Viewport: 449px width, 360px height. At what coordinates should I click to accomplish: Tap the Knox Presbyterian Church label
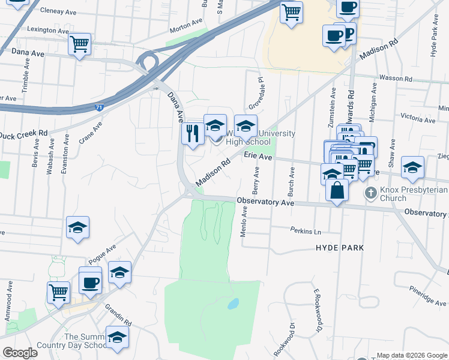(x=413, y=194)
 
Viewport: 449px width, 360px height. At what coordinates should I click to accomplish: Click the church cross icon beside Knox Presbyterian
(x=371, y=193)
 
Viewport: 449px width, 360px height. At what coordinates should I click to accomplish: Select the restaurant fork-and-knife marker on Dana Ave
(x=193, y=133)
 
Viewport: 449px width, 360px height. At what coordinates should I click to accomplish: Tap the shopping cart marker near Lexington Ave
(x=79, y=44)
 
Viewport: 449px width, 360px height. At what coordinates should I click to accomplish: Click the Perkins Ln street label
(x=306, y=231)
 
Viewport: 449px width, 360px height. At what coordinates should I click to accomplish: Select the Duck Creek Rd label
(x=24, y=134)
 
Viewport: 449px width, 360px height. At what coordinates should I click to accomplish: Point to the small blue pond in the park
(x=232, y=304)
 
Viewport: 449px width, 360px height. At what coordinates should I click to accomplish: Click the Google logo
(x=20, y=353)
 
